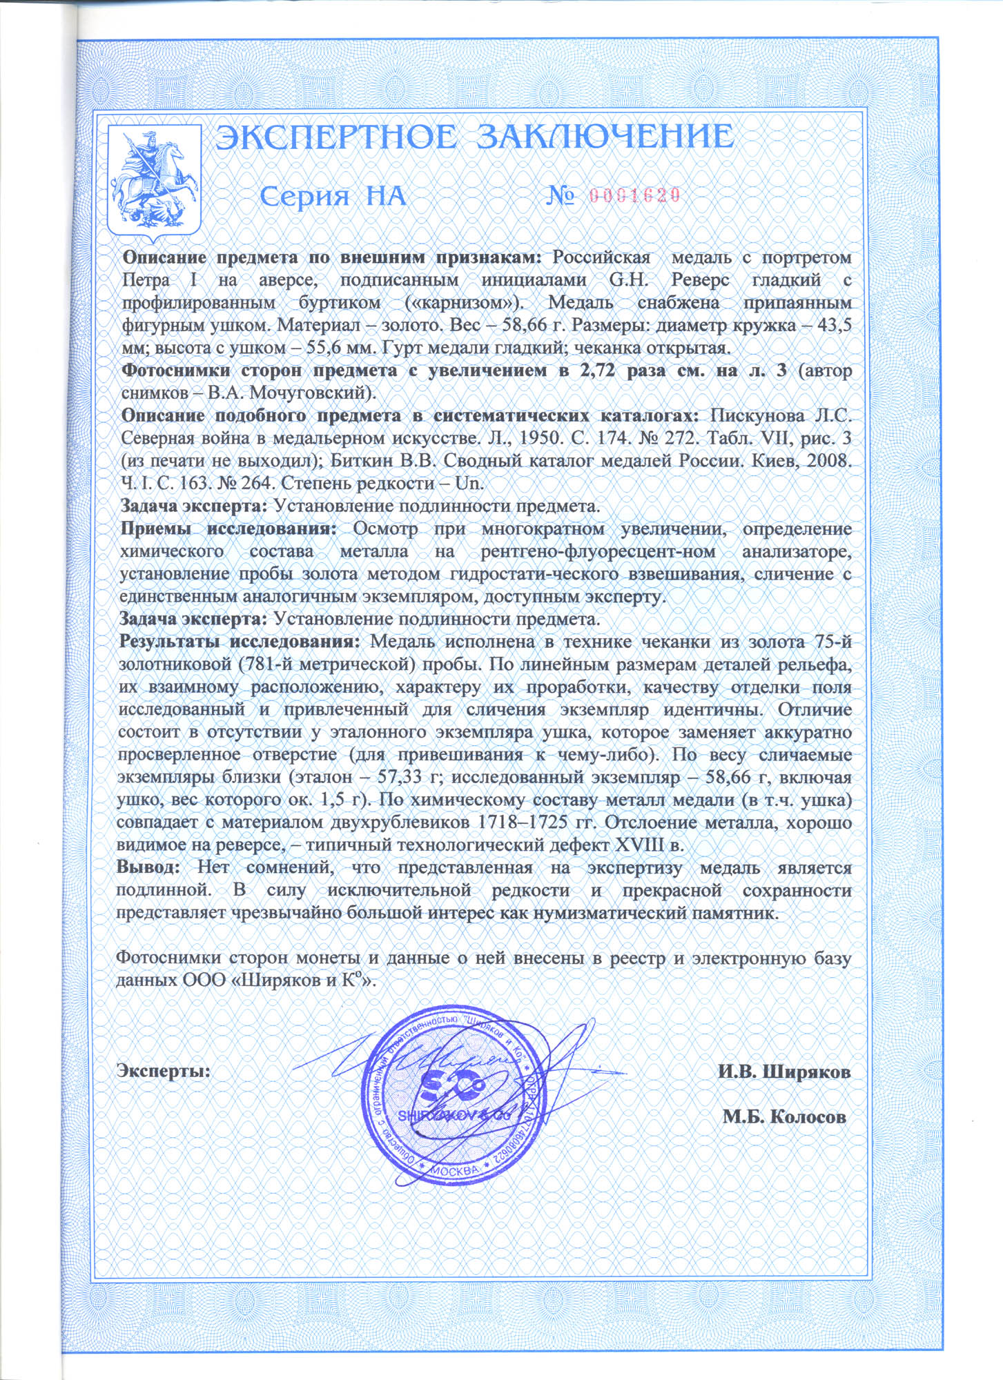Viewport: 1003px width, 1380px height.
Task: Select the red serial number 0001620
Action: click(x=636, y=195)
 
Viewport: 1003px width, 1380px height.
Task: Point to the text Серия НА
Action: click(x=332, y=197)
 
